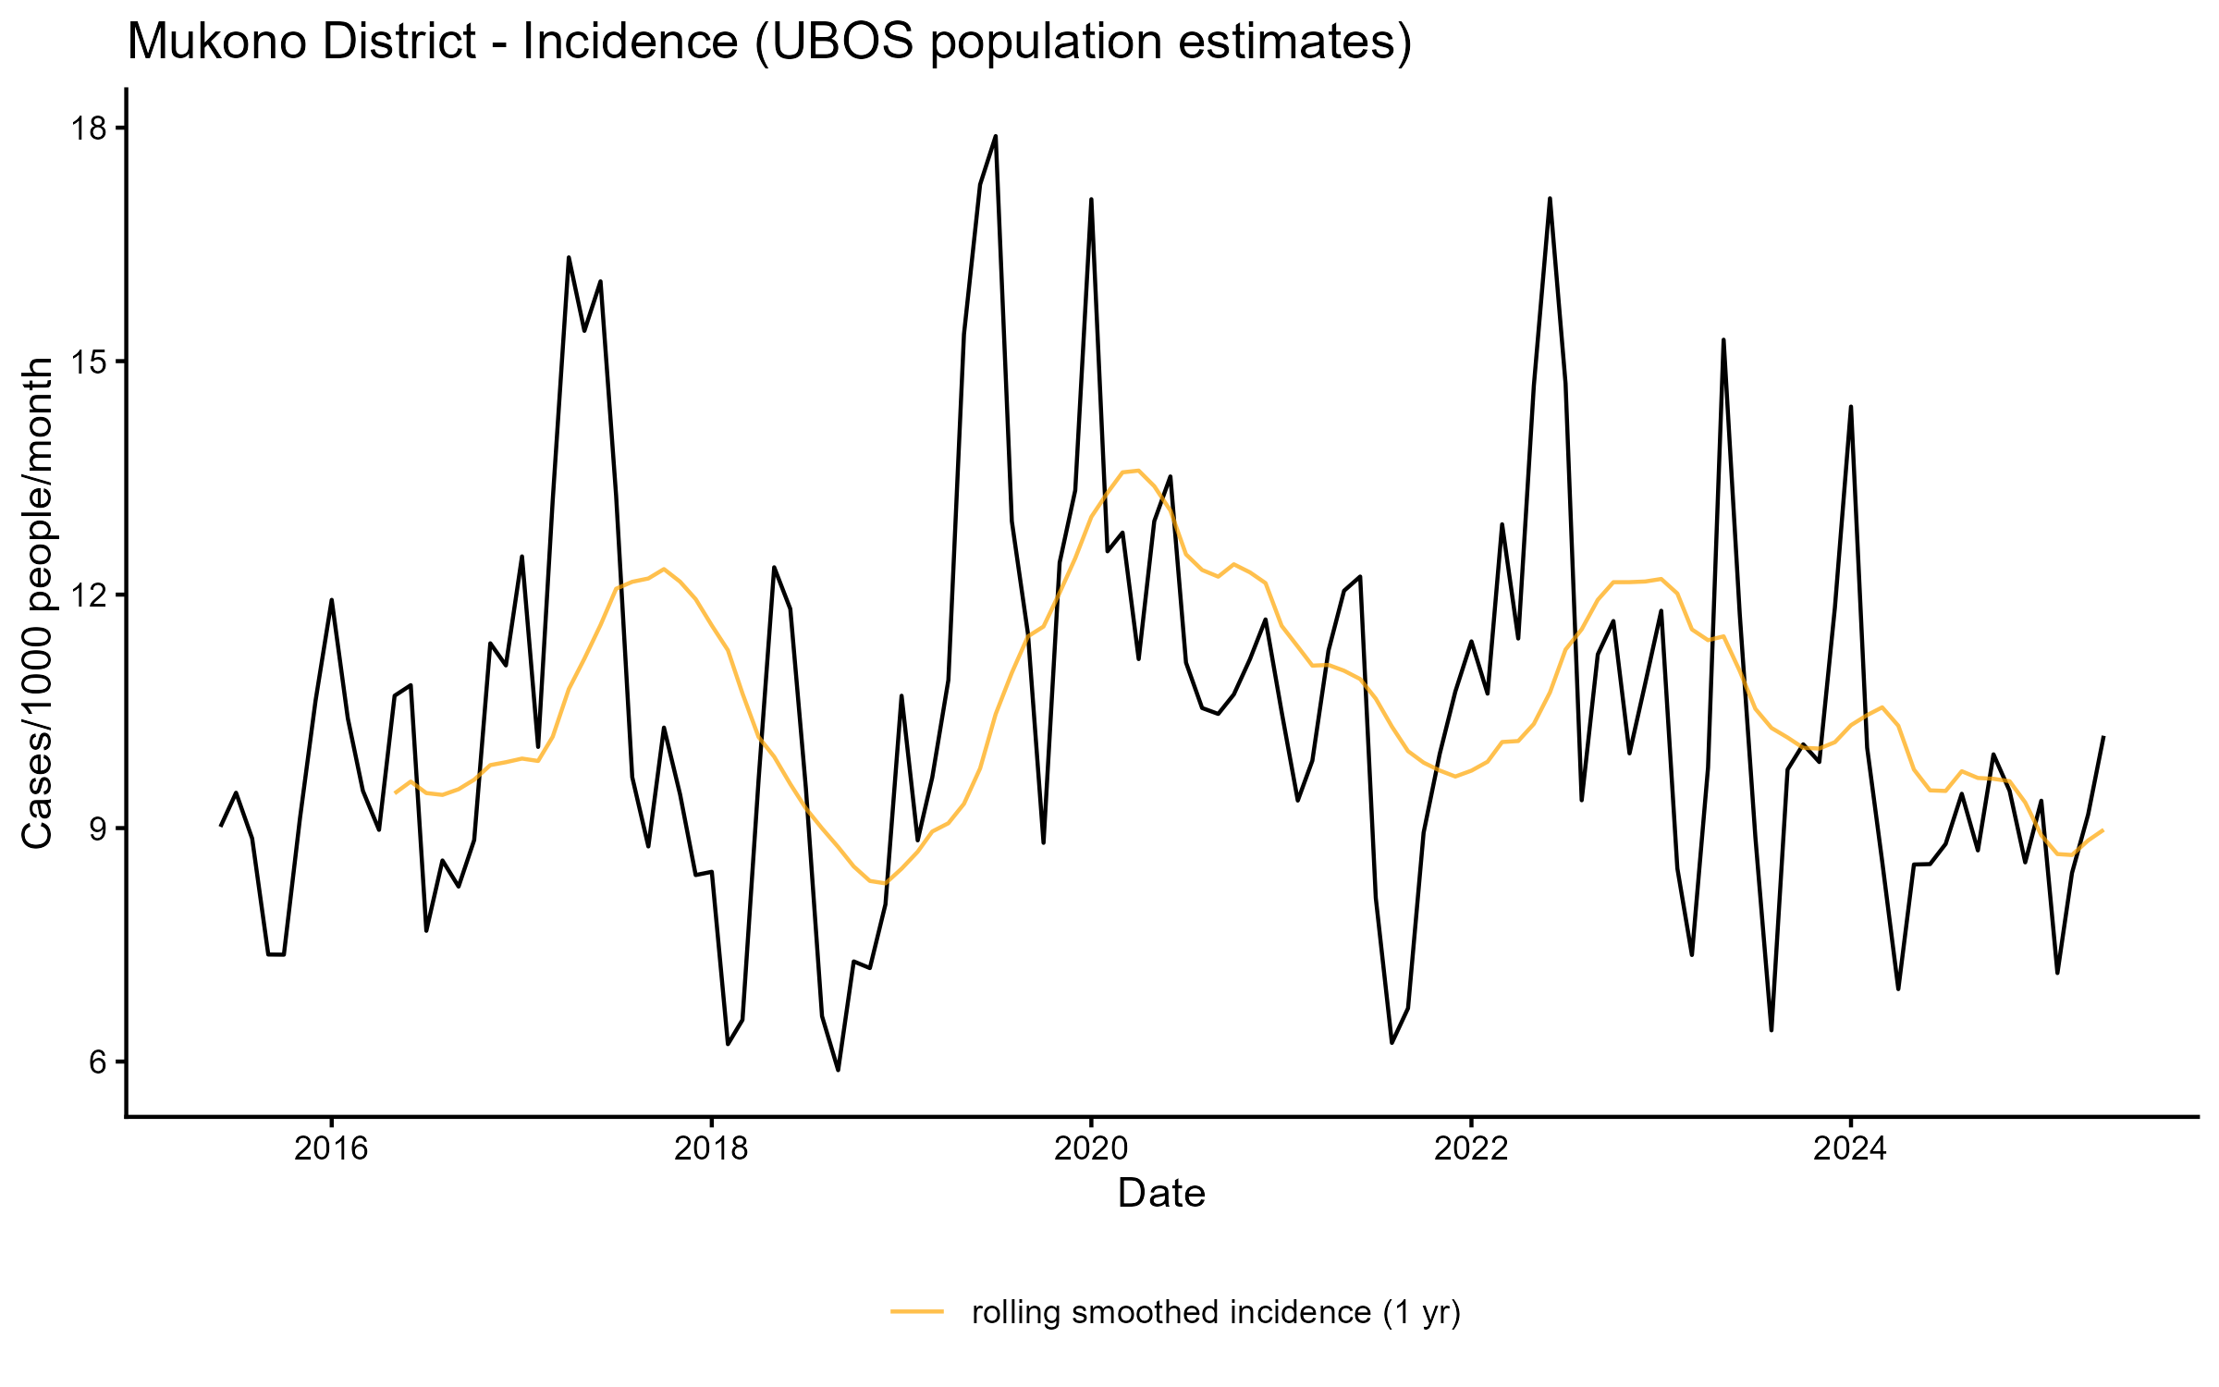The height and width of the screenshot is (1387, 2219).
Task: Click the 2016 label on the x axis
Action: pyautogui.click(x=331, y=1148)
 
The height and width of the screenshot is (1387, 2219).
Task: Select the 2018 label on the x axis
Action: pyautogui.click(x=711, y=1148)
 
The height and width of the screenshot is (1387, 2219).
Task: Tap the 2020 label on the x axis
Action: pyautogui.click(x=1091, y=1148)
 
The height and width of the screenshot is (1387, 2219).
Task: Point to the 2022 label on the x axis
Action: pyautogui.click(x=1471, y=1148)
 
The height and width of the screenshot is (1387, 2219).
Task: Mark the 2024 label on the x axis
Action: pyautogui.click(x=1850, y=1148)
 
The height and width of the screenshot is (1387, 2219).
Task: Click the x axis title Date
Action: pyautogui.click(x=1161, y=1194)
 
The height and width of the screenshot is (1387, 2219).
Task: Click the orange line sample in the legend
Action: pyautogui.click(x=917, y=1311)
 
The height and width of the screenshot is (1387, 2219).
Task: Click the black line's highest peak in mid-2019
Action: pyautogui.click(x=996, y=137)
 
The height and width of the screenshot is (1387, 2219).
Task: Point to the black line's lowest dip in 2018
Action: pyautogui.click(x=838, y=1070)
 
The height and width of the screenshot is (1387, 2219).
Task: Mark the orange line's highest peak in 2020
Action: pyautogui.click(x=1138, y=471)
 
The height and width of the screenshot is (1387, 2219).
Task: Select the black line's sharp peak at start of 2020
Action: pyautogui.click(x=1091, y=200)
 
